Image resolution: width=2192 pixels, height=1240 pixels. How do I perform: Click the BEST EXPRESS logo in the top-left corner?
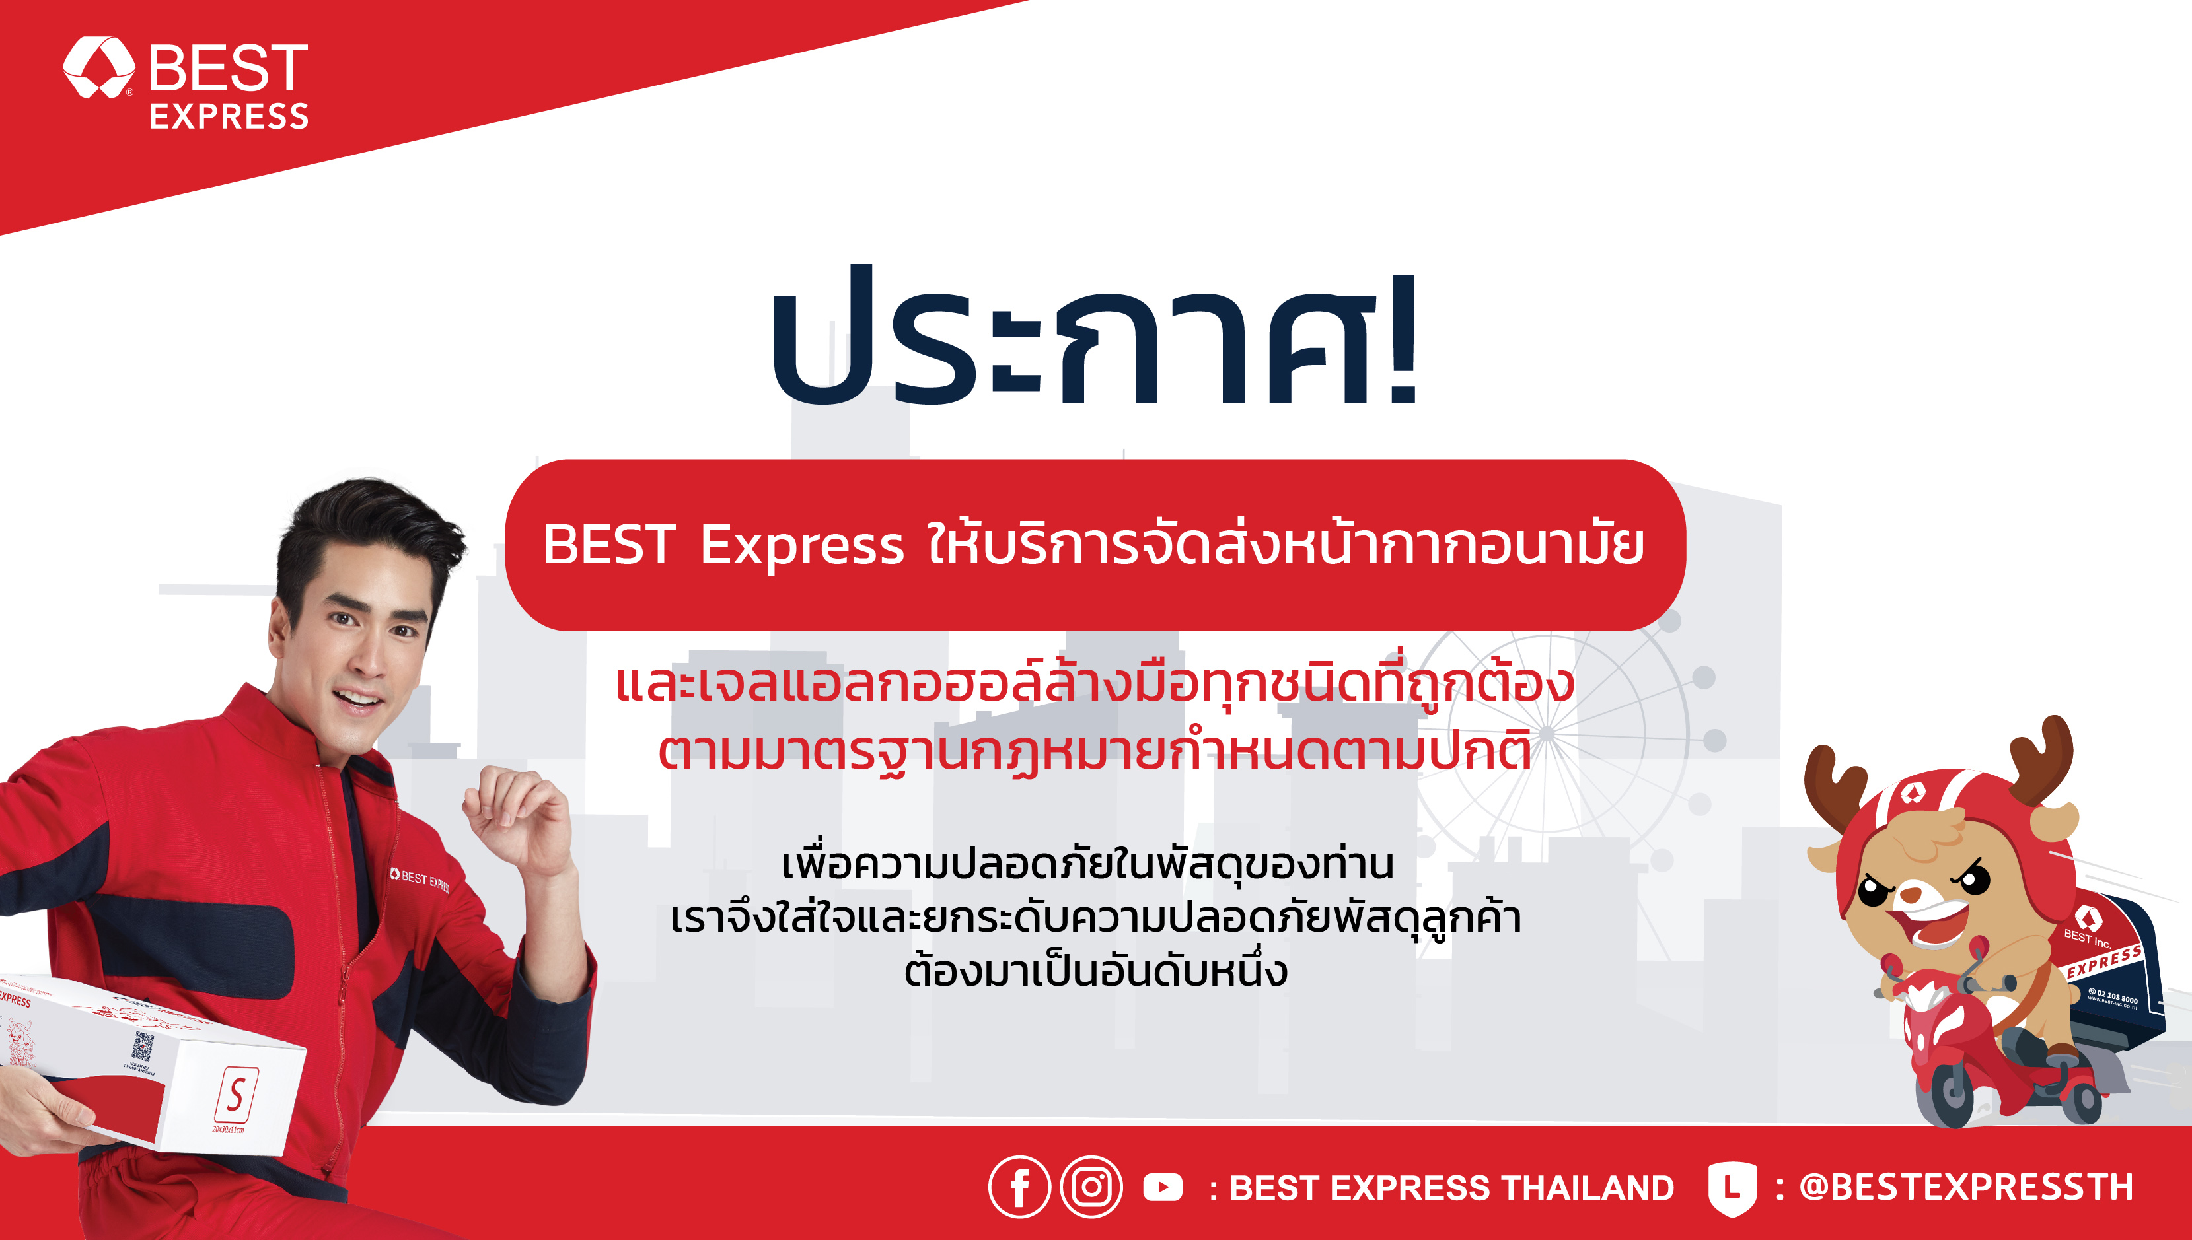click(x=186, y=83)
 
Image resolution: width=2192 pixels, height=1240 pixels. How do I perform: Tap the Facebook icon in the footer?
click(x=1019, y=1187)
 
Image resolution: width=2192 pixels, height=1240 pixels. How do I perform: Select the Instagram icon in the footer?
click(x=1091, y=1187)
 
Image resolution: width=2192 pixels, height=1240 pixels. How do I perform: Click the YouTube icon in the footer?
click(x=1163, y=1187)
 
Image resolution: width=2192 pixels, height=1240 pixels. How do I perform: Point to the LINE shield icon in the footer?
click(x=1732, y=1187)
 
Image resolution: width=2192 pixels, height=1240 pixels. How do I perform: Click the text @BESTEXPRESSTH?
click(x=1965, y=1187)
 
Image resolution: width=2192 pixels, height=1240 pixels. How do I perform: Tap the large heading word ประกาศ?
click(x=1095, y=341)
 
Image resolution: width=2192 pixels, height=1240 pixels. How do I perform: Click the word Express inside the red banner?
click(x=801, y=544)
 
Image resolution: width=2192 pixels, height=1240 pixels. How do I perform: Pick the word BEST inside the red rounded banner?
click(x=609, y=544)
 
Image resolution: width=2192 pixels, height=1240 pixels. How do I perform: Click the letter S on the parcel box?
click(x=236, y=1094)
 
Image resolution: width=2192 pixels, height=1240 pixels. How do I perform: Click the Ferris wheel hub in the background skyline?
click(x=1547, y=732)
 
